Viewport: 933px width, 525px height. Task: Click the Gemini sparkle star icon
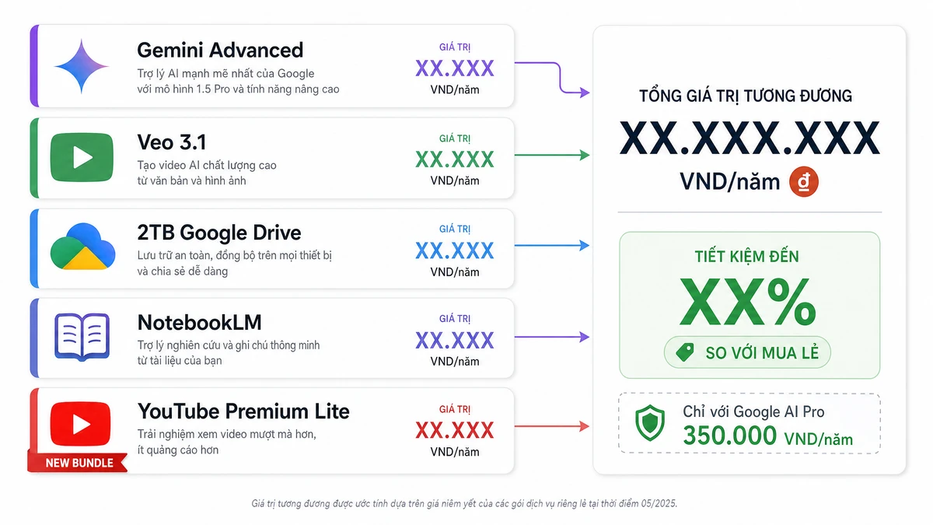82,66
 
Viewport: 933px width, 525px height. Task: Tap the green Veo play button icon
82,157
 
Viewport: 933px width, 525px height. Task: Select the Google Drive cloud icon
82,247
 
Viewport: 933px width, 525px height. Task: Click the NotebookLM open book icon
82,337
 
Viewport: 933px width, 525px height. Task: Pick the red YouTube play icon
80,424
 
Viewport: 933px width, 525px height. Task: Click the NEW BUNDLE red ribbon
78,463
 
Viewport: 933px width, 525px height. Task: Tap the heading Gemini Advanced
220,50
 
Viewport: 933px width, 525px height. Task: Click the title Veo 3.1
172,142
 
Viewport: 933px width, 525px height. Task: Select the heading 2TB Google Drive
219,233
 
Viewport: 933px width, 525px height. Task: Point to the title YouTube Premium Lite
243,411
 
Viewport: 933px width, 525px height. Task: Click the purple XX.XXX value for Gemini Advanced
454,68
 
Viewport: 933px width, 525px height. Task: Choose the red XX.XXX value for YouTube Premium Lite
454,430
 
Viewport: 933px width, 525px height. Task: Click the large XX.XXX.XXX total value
750,138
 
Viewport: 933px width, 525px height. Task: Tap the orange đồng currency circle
804,182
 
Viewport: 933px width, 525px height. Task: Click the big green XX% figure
748,302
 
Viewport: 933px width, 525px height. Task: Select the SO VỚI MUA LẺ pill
747,352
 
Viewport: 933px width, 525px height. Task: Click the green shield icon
650,422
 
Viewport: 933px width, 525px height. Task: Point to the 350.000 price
730,436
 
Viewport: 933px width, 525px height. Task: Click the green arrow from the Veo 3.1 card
552,155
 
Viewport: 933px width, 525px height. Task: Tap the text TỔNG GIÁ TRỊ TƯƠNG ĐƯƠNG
746,96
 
